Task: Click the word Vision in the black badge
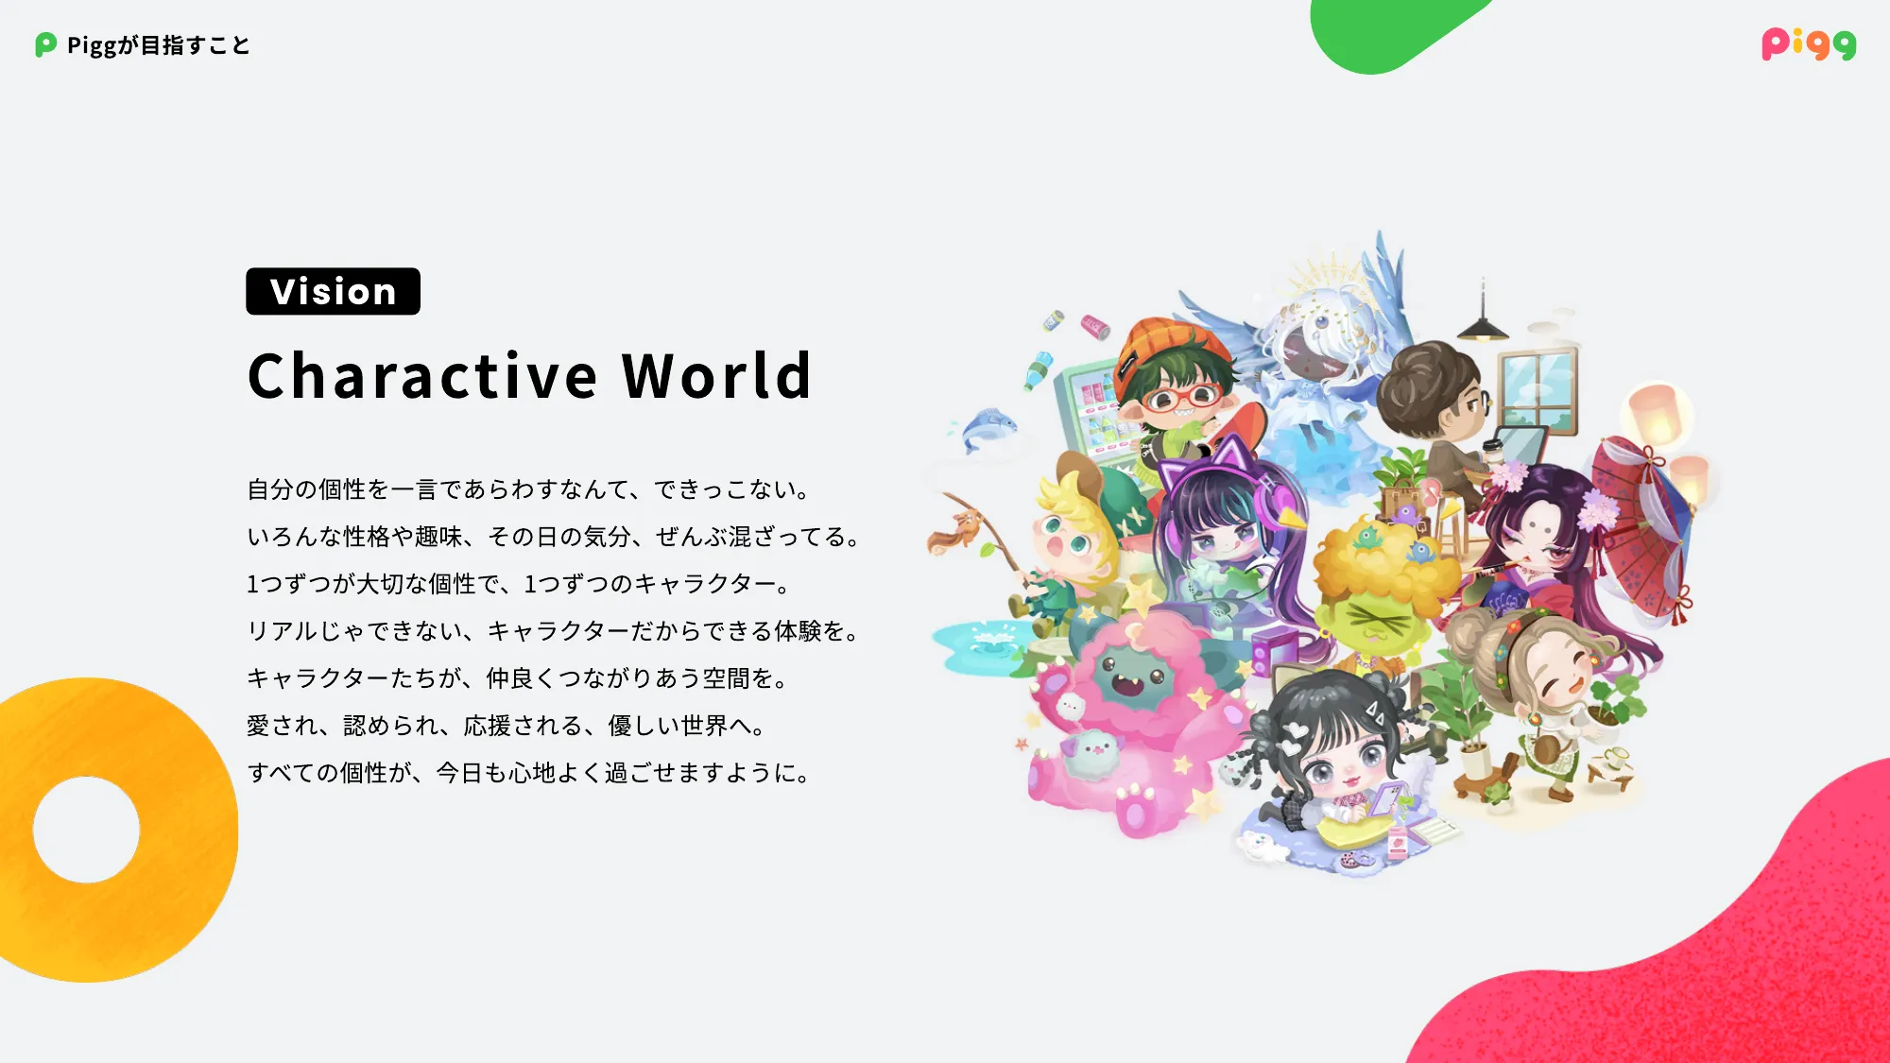[x=333, y=291]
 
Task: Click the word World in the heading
[x=716, y=376]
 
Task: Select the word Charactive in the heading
[x=422, y=376]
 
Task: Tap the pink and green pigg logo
[x=1809, y=44]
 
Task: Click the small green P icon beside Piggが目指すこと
[x=45, y=44]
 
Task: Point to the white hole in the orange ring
[x=86, y=830]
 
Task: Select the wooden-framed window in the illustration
[x=1538, y=388]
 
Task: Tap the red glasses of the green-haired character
[x=1182, y=397]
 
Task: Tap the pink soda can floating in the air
[x=1095, y=327]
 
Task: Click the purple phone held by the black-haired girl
[x=1384, y=797]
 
